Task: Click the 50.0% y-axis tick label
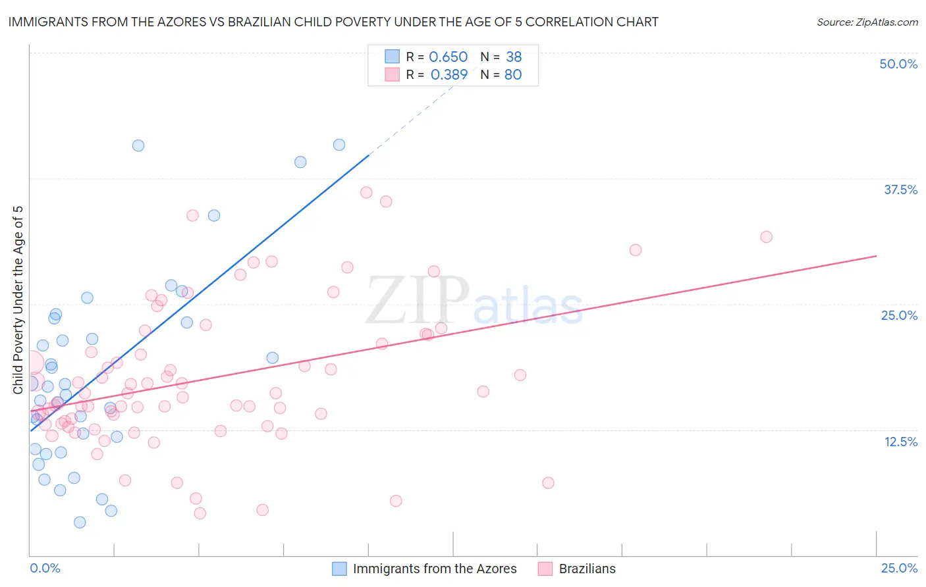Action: click(898, 64)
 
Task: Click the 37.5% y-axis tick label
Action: click(900, 190)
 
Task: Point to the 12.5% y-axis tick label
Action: click(900, 442)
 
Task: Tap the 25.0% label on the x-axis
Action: click(899, 568)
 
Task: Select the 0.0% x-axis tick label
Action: click(45, 568)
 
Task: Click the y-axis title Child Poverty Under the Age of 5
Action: click(18, 300)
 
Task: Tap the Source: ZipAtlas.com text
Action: click(867, 22)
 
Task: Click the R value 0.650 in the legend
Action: click(448, 57)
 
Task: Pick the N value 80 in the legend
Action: click(512, 75)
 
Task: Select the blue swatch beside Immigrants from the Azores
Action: click(339, 569)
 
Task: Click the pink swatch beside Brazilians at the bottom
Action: click(545, 569)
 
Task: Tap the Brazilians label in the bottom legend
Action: click(587, 569)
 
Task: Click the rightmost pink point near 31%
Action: click(766, 237)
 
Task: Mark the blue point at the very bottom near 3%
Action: click(80, 523)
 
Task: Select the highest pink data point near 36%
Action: click(366, 193)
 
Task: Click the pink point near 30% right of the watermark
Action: click(635, 250)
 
